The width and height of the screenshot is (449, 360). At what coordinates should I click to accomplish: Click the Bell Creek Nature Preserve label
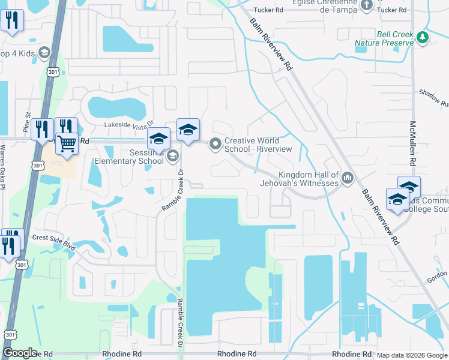coord(384,39)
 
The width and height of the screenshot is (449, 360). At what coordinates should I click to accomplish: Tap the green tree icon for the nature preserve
coord(423,37)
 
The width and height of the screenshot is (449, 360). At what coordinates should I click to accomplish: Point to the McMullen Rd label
coord(412,143)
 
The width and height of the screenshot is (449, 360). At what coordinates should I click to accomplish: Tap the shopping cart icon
coord(67,143)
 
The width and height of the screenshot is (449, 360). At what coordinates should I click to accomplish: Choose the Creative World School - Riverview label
coord(258,145)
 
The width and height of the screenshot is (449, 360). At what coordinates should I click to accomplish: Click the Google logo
coord(20,353)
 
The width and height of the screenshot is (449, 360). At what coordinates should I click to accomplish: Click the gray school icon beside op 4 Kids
coord(44,53)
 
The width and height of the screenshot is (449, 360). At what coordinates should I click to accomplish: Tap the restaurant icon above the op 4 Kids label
coord(12,20)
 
